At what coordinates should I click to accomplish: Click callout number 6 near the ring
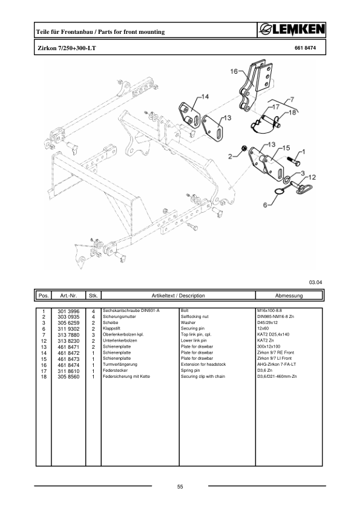click(264, 206)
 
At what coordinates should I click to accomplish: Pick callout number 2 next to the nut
click(230, 157)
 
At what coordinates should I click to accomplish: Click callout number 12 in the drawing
click(312, 177)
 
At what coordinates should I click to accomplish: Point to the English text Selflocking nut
click(195, 316)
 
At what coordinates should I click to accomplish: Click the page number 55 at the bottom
click(180, 487)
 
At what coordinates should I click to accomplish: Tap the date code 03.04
click(315, 282)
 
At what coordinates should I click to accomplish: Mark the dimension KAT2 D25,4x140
click(273, 334)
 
